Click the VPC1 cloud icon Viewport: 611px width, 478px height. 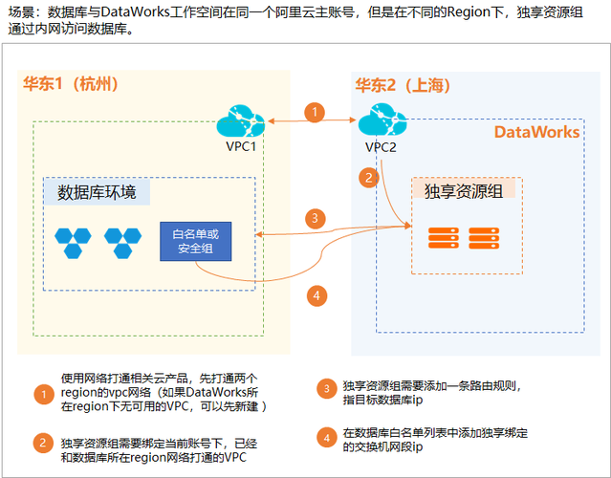[239, 122]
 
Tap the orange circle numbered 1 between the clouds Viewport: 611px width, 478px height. [315, 112]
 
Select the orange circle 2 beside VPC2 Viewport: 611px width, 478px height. [367, 177]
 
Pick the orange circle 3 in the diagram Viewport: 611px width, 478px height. [315, 218]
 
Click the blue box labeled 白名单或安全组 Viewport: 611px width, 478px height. [194, 242]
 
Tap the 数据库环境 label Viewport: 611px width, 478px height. [97, 193]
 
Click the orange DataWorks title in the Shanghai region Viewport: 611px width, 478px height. [536, 132]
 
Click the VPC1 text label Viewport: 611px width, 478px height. [240, 146]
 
